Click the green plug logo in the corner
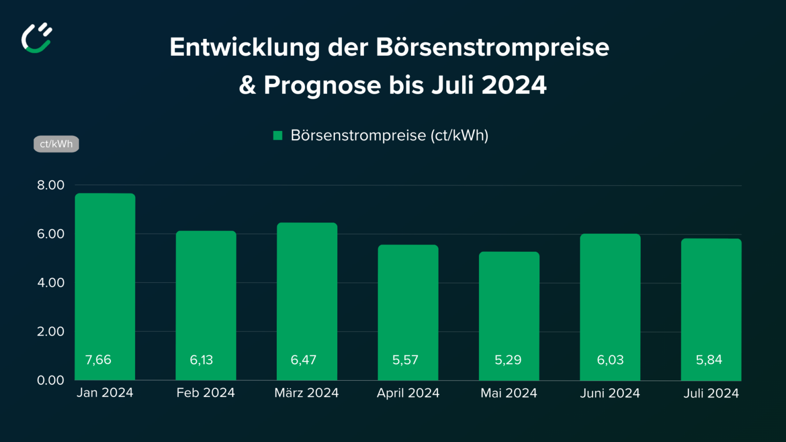point(37,38)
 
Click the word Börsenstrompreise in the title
point(492,47)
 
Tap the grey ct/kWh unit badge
point(56,144)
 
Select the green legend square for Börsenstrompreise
point(278,136)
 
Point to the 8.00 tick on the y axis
point(51,185)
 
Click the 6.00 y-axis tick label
point(51,234)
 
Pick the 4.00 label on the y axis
point(51,282)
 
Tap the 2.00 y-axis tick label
point(51,331)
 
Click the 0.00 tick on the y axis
point(51,380)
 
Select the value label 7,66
point(98,360)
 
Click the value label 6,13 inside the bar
point(201,360)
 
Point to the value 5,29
point(508,360)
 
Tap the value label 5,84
point(709,360)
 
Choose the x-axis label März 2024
point(307,393)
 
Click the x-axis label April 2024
point(408,393)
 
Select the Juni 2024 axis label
point(610,393)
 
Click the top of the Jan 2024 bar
point(105,194)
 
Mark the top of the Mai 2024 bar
point(509,253)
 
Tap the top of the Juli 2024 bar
point(711,239)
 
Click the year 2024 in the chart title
point(514,85)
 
